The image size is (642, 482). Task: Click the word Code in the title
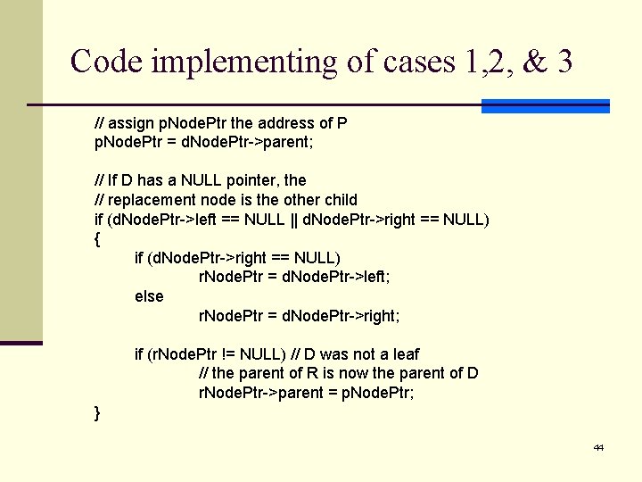tap(107, 62)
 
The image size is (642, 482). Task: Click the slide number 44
tap(598, 446)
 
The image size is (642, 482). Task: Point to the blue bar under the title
tap(545, 106)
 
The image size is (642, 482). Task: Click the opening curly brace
tap(97, 238)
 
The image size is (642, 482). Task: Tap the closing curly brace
tap(97, 411)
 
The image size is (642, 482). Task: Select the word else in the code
tap(149, 296)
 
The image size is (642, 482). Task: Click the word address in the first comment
tap(284, 123)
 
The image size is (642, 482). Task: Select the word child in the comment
tap(340, 200)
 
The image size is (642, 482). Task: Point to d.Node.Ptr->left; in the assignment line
tap(336, 277)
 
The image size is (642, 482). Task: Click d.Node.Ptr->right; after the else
tap(341, 316)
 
